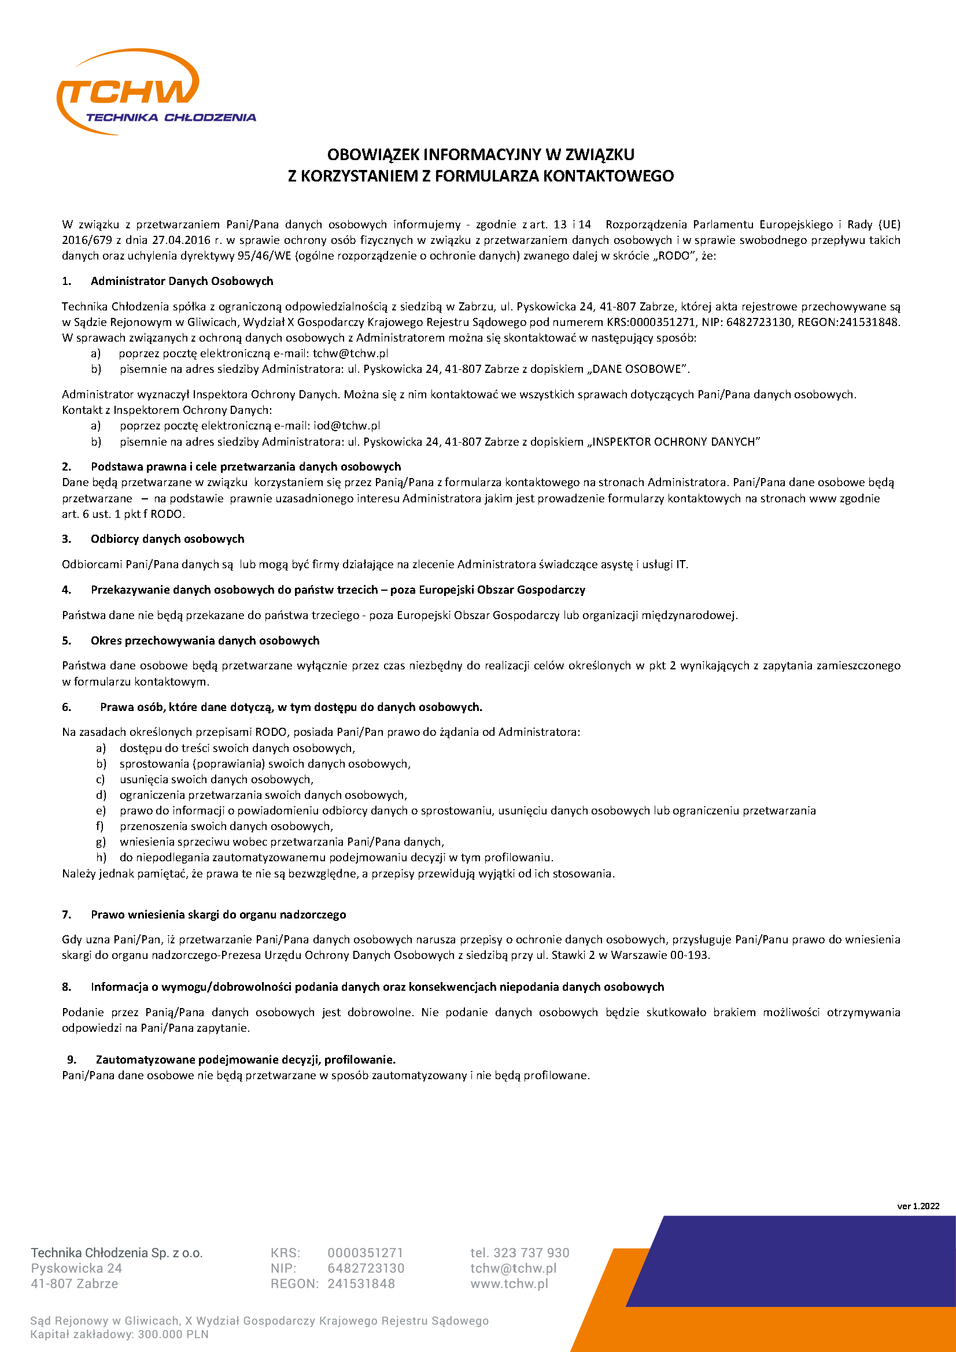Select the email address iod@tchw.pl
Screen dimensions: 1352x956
(x=346, y=426)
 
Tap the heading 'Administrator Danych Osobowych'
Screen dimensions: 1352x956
(x=182, y=281)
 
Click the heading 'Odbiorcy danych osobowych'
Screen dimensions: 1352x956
(x=167, y=539)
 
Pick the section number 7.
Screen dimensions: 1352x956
(x=67, y=915)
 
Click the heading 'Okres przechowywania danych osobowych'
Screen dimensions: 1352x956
(x=205, y=640)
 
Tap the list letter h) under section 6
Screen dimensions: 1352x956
(x=101, y=858)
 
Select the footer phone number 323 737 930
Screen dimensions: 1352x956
(x=531, y=1253)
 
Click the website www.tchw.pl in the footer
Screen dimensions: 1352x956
(x=509, y=1284)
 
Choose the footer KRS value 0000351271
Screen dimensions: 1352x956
(x=365, y=1253)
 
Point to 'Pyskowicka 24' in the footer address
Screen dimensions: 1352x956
(x=76, y=1268)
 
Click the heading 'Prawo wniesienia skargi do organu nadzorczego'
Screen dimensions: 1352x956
(x=218, y=915)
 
